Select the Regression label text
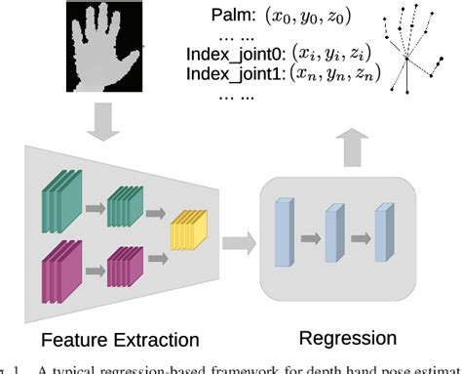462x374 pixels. [349, 338]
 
